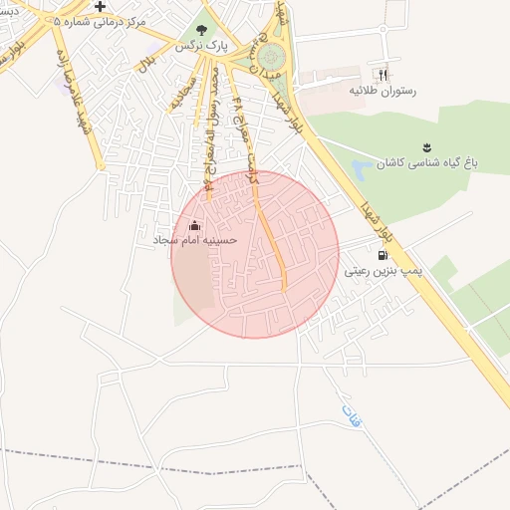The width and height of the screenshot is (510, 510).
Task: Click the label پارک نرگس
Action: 202,47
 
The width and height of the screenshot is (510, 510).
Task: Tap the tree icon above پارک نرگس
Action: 202,31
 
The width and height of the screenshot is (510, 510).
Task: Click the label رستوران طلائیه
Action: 381,91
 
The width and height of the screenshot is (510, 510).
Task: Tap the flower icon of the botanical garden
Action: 427,146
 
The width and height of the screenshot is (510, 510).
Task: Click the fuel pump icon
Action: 383,254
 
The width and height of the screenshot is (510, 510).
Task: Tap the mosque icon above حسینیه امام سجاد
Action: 193,225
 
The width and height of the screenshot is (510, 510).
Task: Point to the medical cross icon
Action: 100,6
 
